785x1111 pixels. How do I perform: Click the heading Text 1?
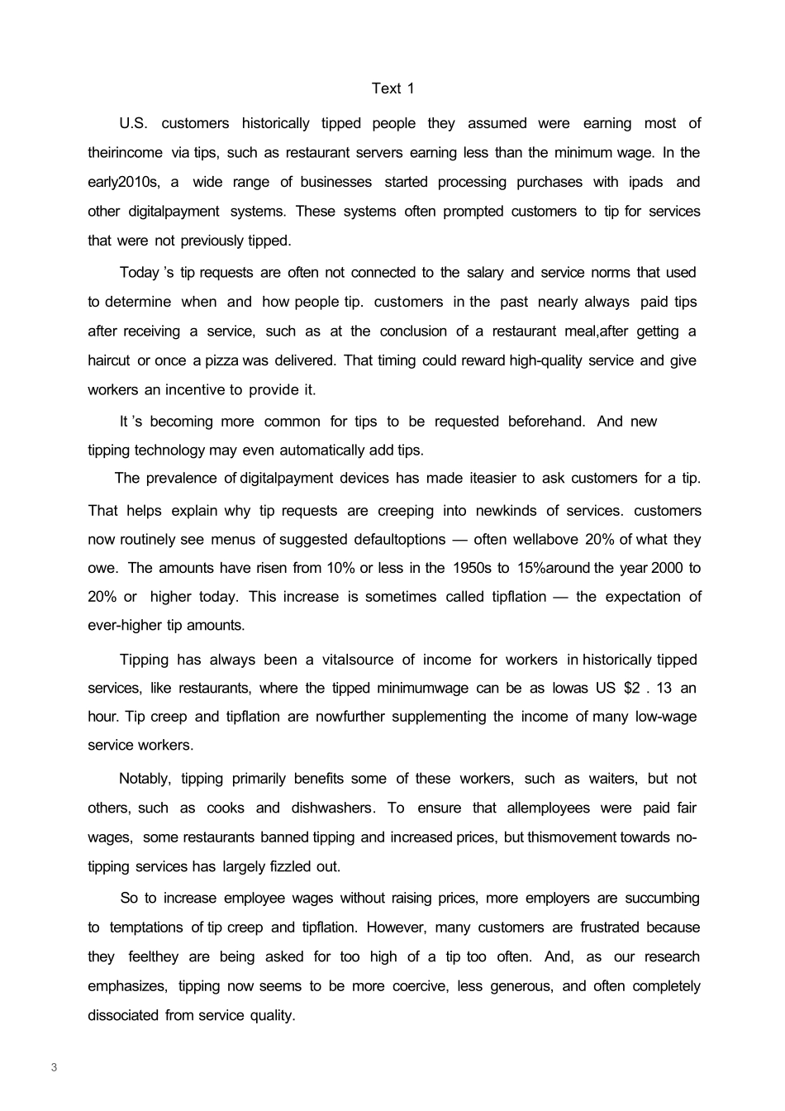[392, 88]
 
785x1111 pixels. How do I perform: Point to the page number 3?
[54, 1067]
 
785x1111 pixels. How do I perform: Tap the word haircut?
[109, 360]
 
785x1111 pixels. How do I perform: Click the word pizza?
[222, 360]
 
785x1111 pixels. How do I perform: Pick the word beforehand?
[546, 422]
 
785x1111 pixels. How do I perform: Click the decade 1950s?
[472, 568]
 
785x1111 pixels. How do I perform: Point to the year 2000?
[668, 568]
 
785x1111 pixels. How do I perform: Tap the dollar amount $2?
[633, 688]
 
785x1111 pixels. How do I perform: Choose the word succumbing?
[661, 898]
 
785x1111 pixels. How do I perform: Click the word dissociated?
[122, 1015]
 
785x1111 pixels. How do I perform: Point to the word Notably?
[145, 779]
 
